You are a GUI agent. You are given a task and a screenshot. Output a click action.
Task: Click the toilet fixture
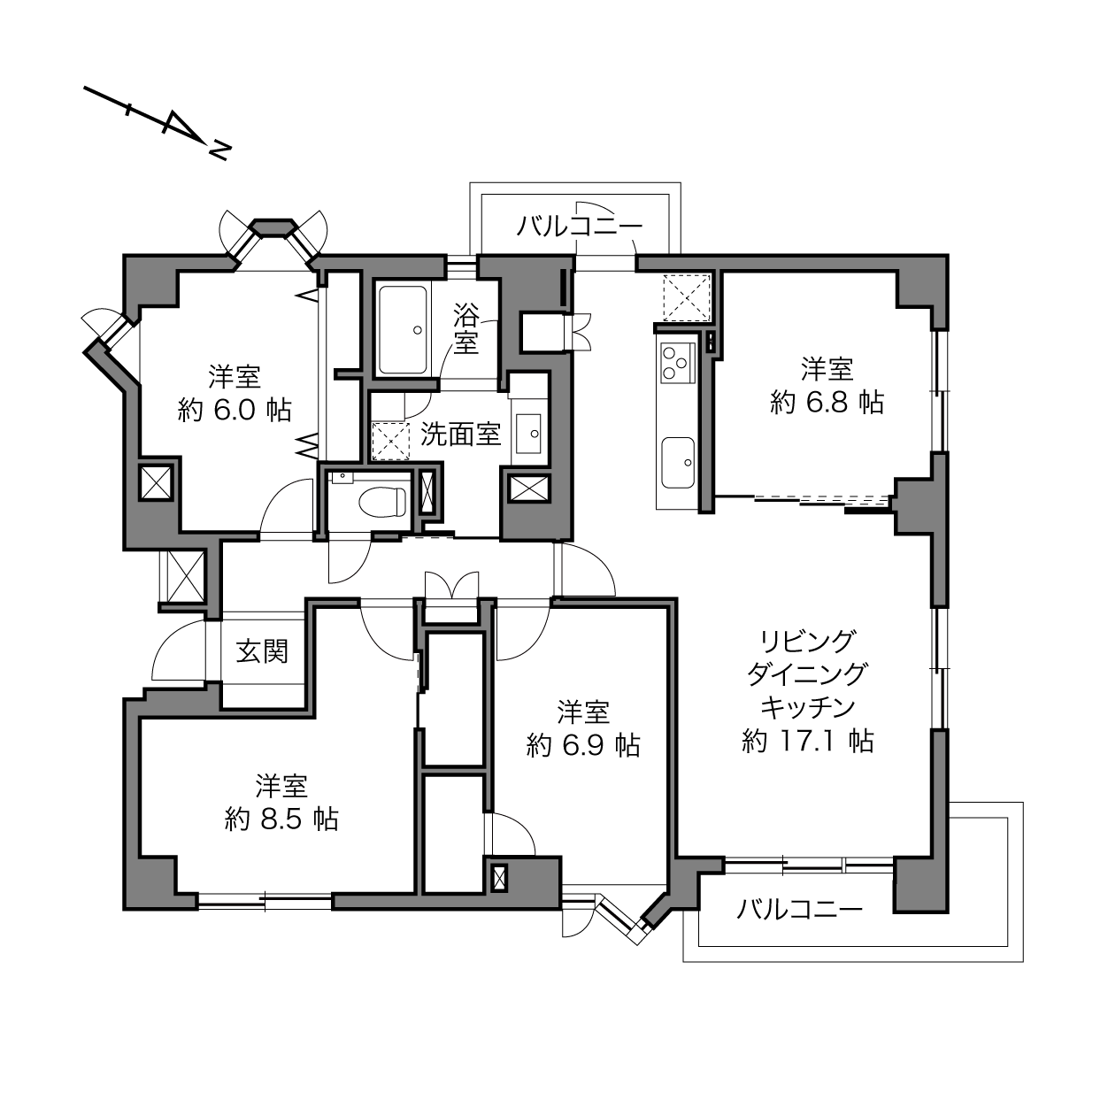coord(383,502)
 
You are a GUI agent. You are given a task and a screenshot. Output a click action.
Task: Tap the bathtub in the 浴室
coord(403,330)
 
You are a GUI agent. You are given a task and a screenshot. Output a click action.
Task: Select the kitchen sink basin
coord(678,462)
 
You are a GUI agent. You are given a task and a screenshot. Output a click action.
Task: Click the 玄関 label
coord(262,651)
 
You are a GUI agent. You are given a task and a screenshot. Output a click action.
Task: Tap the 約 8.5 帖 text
coord(281,819)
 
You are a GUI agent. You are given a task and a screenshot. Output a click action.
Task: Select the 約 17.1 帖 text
coord(807,741)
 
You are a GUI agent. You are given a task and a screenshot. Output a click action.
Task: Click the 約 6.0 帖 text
coord(235,410)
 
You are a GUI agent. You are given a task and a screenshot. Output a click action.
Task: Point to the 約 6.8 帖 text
coord(827,403)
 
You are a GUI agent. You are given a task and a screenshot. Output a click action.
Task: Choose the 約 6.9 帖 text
coord(583,746)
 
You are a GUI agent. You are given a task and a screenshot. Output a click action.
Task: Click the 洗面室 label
coord(460,434)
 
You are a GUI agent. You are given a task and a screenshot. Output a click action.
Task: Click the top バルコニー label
coord(579,226)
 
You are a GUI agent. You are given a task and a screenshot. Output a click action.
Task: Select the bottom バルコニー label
coord(800,909)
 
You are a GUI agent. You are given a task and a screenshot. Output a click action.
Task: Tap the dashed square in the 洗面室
coord(390,442)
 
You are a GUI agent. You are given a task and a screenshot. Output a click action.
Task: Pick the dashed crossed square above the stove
coord(687,297)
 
